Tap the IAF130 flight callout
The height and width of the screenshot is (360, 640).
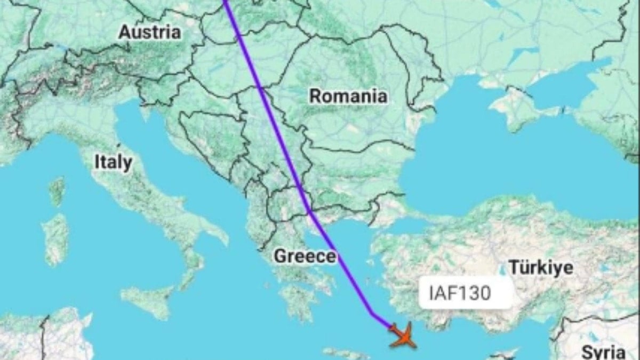(459, 293)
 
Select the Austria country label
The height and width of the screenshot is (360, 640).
(149, 32)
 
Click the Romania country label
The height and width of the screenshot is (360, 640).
(348, 97)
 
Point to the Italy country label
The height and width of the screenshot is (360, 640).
(113, 163)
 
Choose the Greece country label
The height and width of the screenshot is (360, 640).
(305, 257)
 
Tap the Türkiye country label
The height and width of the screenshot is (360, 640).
(541, 267)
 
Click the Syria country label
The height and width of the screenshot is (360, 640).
(603, 352)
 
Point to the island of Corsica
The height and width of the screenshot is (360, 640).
(57, 191)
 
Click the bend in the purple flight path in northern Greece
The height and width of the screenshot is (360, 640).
(309, 213)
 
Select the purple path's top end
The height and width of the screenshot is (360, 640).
(225, 2)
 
